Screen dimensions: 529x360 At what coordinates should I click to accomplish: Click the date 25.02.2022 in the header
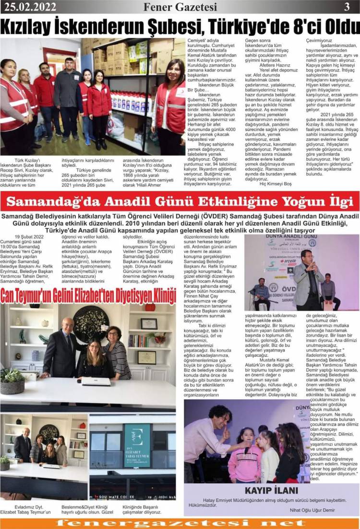click(29, 7)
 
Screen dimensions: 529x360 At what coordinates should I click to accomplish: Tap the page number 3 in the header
click(347, 7)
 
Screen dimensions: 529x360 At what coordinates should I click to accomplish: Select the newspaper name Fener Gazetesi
click(180, 7)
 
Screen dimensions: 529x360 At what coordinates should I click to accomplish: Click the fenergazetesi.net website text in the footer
click(180, 523)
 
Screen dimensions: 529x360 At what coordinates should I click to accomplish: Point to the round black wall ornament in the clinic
click(90, 324)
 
